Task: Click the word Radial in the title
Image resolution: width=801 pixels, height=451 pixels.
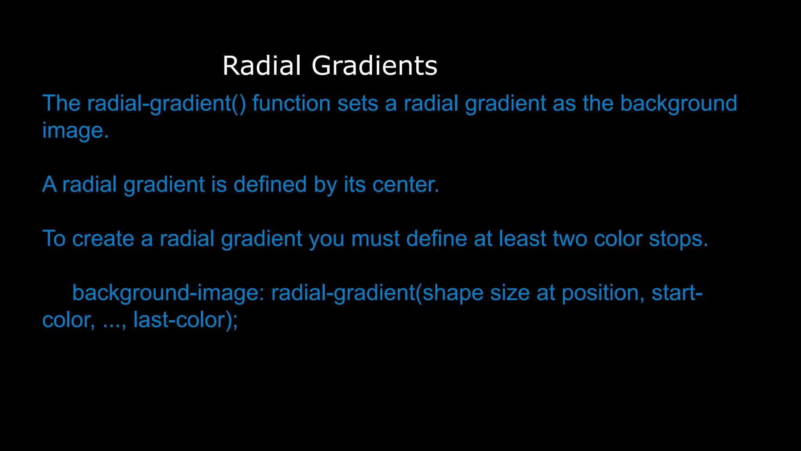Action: (262, 65)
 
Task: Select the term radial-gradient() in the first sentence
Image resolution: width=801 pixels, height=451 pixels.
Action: (166, 103)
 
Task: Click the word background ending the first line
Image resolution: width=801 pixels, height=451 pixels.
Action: (679, 103)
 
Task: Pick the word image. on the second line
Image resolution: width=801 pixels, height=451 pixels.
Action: (75, 130)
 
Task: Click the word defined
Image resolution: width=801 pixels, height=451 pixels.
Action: (270, 184)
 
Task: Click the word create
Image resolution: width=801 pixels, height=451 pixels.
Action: (103, 238)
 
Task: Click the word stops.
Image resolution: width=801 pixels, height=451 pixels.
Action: (679, 238)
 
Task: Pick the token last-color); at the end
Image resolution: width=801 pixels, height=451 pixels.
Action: (185, 320)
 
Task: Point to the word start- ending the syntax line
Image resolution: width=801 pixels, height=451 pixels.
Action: (677, 293)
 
